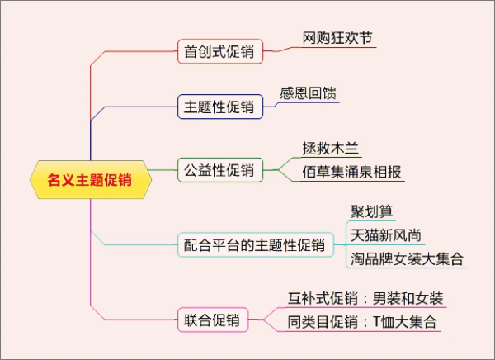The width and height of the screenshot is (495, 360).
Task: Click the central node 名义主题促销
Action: click(90, 179)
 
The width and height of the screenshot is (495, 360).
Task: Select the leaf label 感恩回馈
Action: click(309, 93)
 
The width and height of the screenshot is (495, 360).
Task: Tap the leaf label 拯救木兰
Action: click(331, 149)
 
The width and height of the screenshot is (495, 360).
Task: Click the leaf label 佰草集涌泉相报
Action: click(351, 173)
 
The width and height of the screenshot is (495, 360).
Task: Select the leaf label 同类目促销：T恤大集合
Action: click(361, 321)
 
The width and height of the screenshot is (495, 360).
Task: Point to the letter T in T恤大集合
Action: click(378, 321)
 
